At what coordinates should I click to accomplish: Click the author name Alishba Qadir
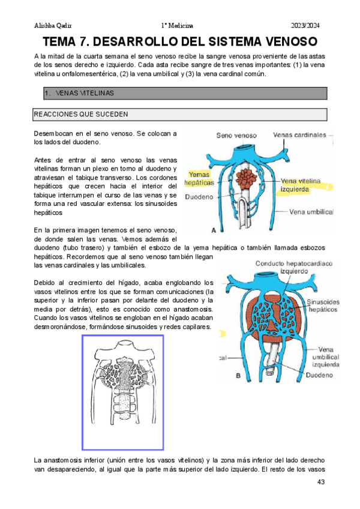[51, 26]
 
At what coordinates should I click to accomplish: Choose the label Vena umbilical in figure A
[313, 212]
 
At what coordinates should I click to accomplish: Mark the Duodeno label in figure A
[200, 196]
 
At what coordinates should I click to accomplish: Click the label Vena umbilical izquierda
[325, 357]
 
